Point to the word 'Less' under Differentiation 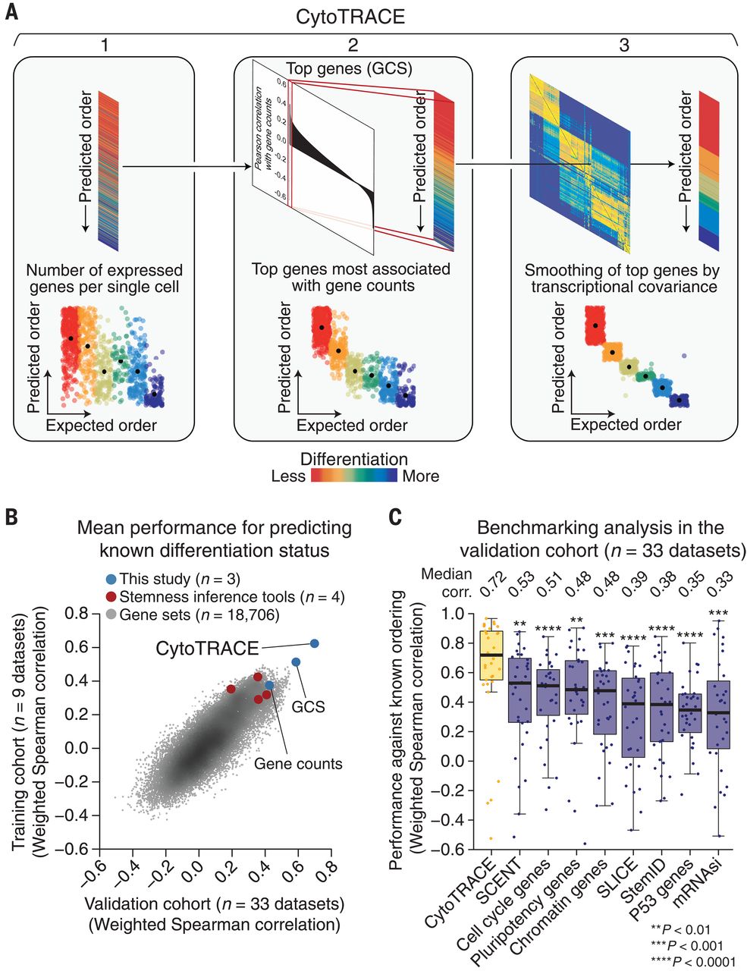pyautogui.click(x=288, y=476)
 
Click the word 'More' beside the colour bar pyautogui.click(x=420, y=476)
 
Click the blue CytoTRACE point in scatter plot pyautogui.click(x=314, y=643)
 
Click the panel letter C pyautogui.click(x=395, y=517)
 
